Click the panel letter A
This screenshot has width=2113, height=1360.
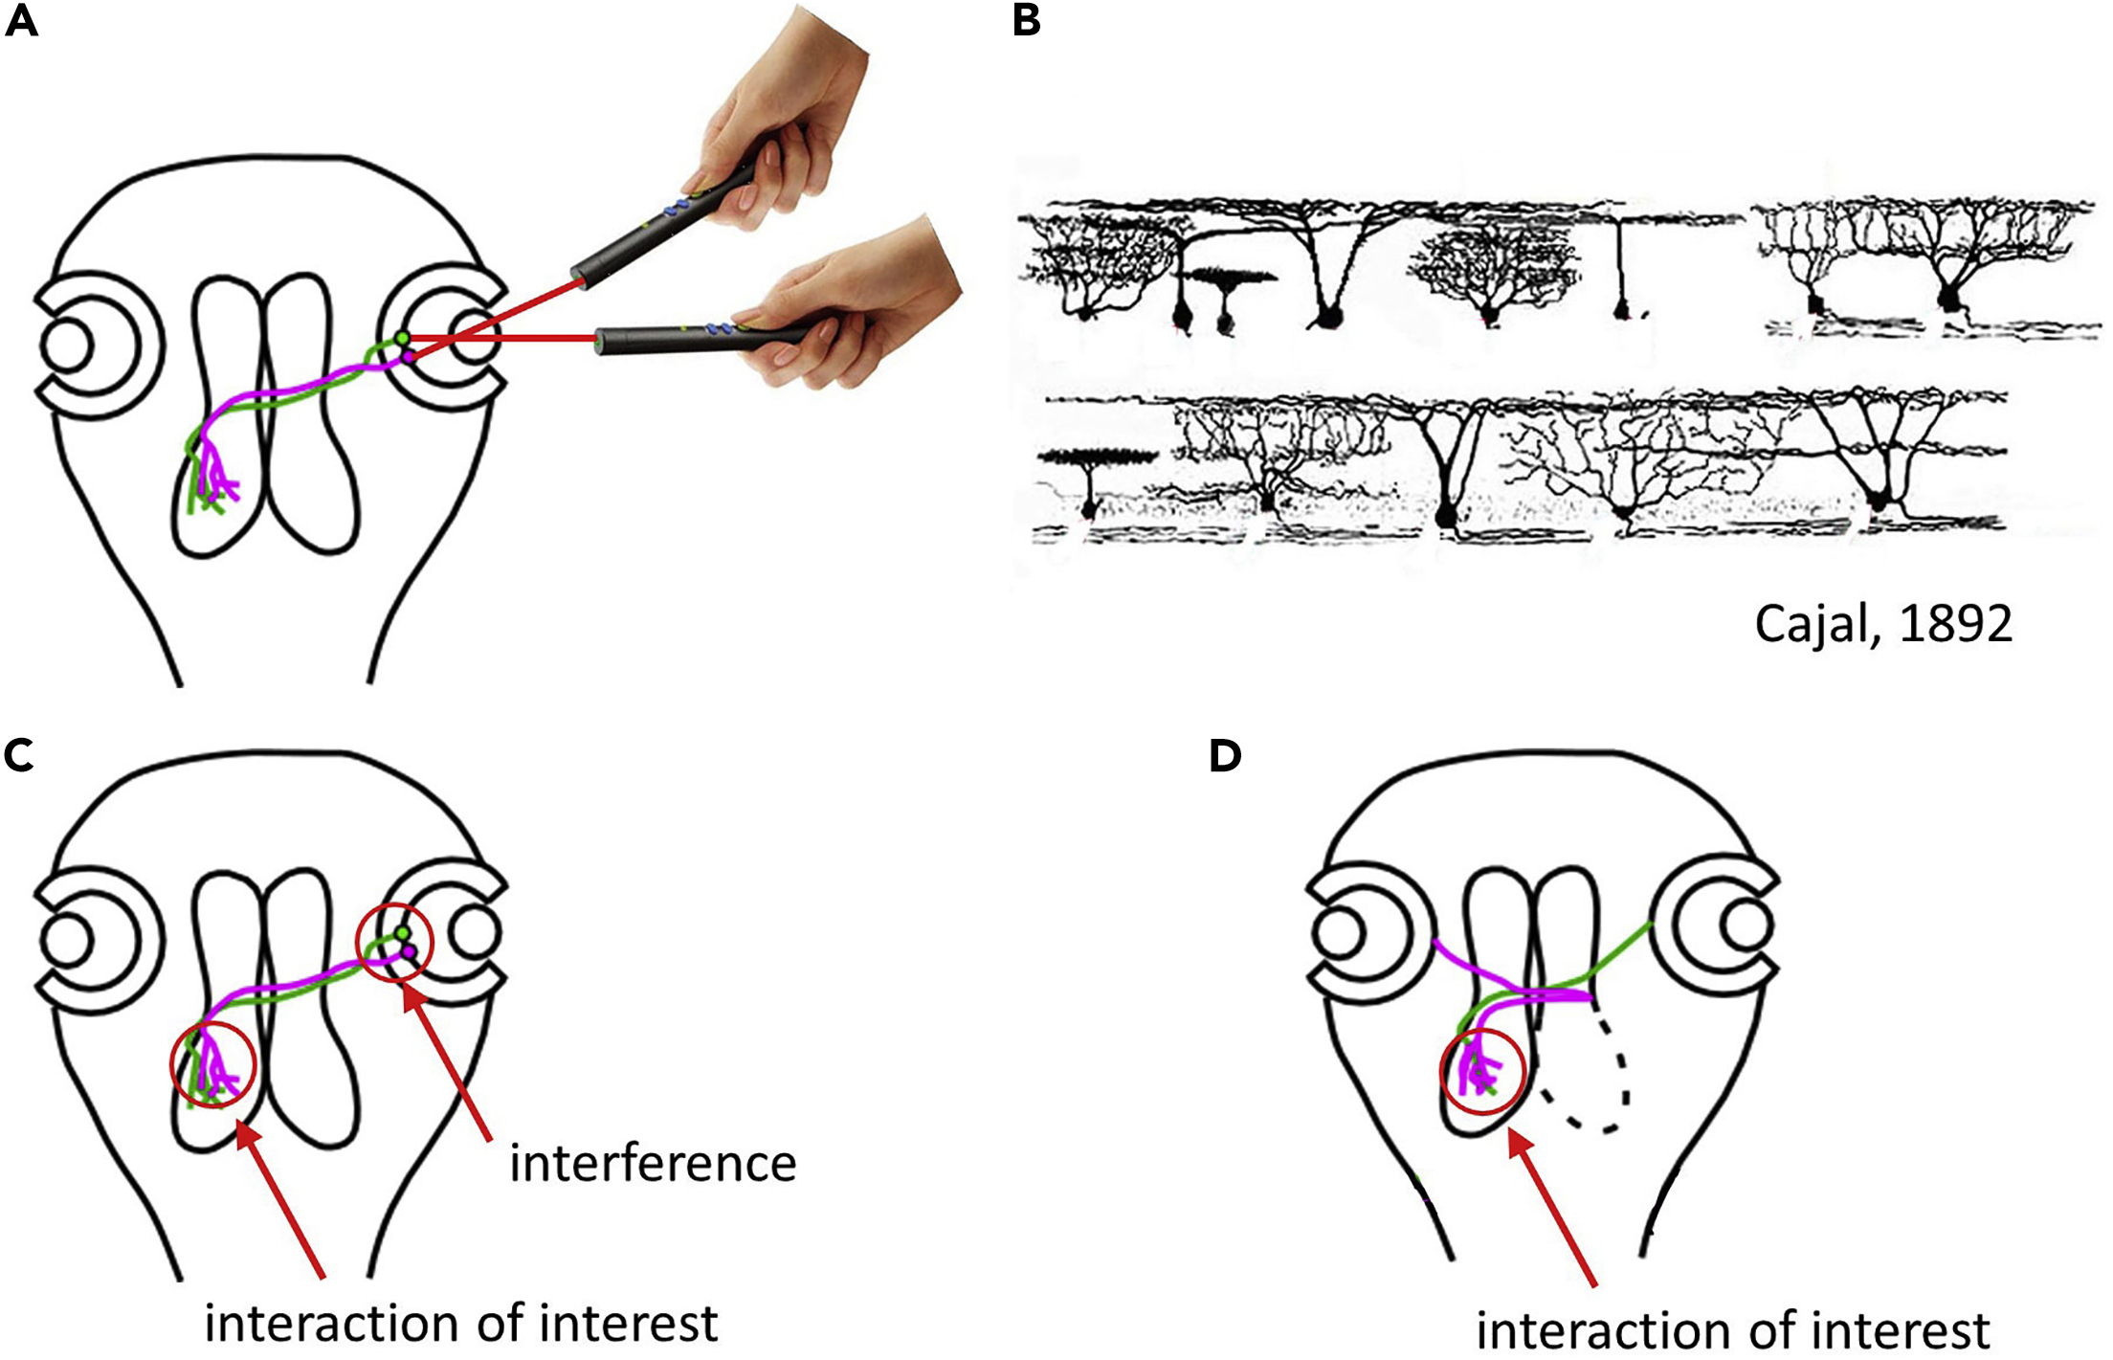click(21, 21)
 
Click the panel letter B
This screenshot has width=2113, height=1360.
click(1026, 21)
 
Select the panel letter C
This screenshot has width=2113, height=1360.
click(19, 756)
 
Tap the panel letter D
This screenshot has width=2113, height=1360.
click(1225, 756)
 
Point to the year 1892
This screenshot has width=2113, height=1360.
click(1956, 625)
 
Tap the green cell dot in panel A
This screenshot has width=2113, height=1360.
click(403, 338)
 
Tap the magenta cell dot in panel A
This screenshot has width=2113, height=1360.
click(409, 356)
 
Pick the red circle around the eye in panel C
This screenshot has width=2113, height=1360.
click(394, 943)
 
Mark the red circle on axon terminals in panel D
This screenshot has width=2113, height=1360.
click(1481, 1072)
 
